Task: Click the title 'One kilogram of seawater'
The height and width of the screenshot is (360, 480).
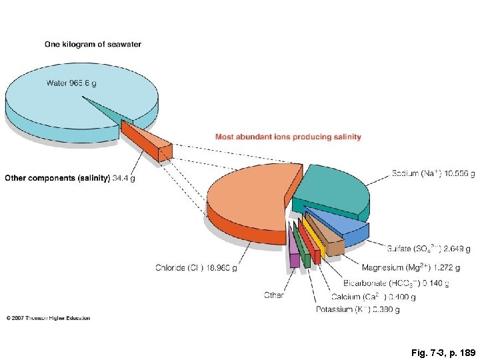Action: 93,45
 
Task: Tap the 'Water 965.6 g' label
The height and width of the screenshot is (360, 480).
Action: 71,83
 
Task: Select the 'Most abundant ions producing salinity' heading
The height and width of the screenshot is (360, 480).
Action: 288,137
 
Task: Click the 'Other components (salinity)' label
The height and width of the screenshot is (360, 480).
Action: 57,178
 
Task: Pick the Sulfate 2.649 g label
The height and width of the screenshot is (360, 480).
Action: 429,249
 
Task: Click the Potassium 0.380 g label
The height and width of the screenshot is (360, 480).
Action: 358,309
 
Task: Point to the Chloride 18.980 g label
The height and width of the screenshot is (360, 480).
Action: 196,268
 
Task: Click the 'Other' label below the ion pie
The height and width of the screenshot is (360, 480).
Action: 273,295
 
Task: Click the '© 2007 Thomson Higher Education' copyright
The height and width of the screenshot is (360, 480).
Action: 48,318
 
